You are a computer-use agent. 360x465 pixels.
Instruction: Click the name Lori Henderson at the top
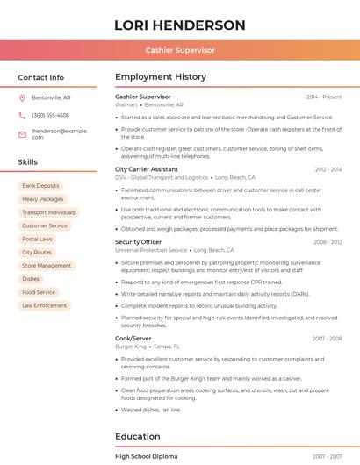(x=180, y=25)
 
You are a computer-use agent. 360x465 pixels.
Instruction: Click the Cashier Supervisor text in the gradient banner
(x=180, y=50)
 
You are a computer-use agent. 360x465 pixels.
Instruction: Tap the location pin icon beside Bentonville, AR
(x=22, y=97)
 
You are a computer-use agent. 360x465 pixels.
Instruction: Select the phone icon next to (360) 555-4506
(x=22, y=115)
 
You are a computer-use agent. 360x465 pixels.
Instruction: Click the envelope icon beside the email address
(x=22, y=134)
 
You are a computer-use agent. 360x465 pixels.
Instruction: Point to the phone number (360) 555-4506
(x=50, y=115)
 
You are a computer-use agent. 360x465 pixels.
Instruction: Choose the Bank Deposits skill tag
(x=40, y=186)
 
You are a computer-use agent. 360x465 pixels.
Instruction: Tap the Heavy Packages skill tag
(x=42, y=199)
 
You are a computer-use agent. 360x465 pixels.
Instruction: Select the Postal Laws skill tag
(x=38, y=239)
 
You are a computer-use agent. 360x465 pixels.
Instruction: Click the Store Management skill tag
(x=47, y=265)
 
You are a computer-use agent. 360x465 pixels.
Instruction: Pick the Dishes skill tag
(x=31, y=278)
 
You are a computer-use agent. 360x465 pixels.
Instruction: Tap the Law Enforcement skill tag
(x=45, y=305)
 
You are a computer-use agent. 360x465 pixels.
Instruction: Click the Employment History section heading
(x=160, y=77)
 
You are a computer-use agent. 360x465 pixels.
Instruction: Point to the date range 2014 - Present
(x=324, y=97)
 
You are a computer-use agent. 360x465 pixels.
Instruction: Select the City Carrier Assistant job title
(x=147, y=169)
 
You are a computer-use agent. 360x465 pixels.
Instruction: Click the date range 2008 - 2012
(x=328, y=242)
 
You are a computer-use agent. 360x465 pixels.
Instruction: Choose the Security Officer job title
(x=138, y=242)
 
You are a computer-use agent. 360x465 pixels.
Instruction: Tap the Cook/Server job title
(x=133, y=338)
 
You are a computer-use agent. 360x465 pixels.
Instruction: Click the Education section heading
(x=138, y=436)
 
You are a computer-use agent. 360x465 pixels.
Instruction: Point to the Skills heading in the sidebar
(x=28, y=162)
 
